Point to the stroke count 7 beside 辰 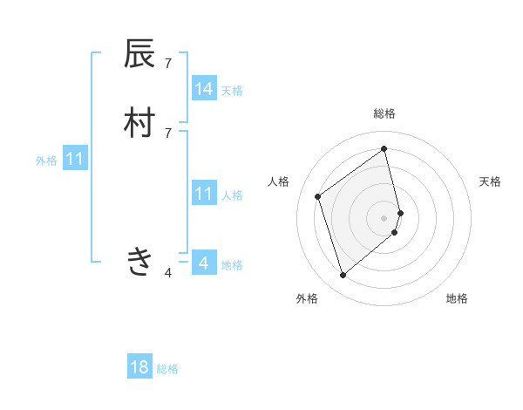[168, 63]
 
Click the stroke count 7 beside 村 [168, 133]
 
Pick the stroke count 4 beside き [168, 273]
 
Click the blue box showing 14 [204, 89]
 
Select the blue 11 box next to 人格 [204, 194]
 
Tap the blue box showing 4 [204, 263]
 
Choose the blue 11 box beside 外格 [75, 159]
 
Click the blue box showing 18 [139, 367]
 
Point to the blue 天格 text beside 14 [232, 91]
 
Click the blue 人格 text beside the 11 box [232, 195]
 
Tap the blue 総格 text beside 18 [167, 369]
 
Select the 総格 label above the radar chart [384, 113]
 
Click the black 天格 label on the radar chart [490, 181]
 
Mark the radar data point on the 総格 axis [384, 148]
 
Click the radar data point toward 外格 [343, 276]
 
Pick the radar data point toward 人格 [318, 196]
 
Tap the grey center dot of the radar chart [384, 217]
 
